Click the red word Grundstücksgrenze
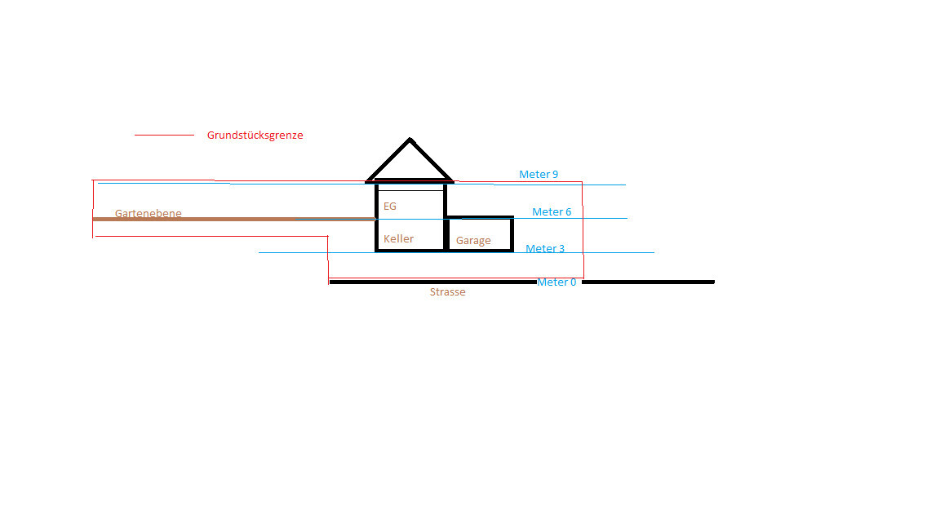click(x=255, y=136)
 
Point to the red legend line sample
click(x=164, y=135)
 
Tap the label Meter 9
click(x=539, y=175)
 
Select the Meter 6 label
click(x=552, y=211)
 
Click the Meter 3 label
click(x=545, y=248)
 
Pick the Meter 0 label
click(x=556, y=282)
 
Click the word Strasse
click(x=447, y=292)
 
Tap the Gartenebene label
click(x=148, y=213)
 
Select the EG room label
click(x=390, y=207)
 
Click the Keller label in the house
click(x=399, y=238)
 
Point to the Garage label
click(x=473, y=241)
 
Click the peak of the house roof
click(x=410, y=139)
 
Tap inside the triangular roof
click(x=410, y=165)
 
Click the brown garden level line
click(x=234, y=220)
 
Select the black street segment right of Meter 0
click(x=648, y=282)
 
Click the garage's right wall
click(x=512, y=234)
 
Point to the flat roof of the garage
click(x=480, y=217)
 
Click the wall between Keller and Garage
click(x=446, y=234)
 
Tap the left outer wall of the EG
click(x=376, y=201)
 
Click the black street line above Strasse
click(x=432, y=282)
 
